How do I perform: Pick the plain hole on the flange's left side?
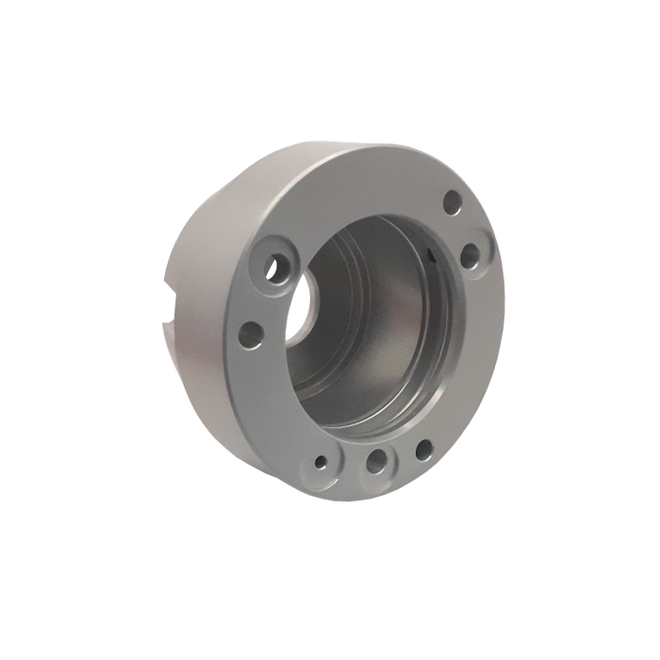(251, 332)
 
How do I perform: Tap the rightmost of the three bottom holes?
(423, 449)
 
